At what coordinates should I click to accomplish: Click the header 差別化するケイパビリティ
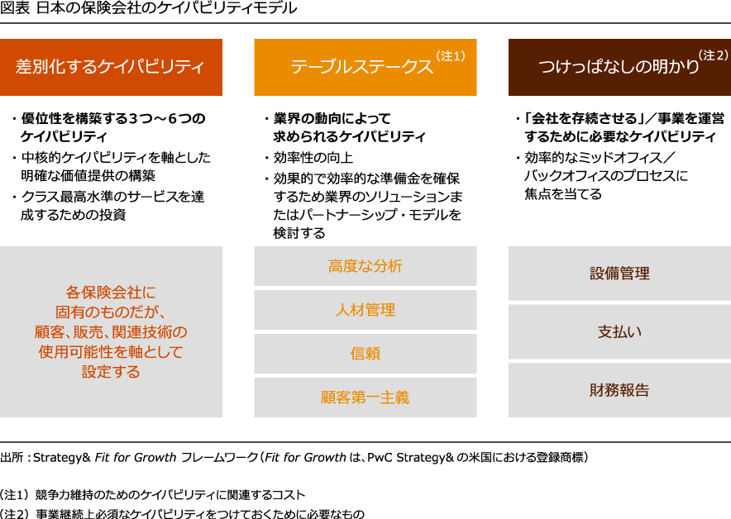110,67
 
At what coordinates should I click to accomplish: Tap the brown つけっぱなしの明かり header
619,67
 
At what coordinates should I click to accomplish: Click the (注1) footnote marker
451,56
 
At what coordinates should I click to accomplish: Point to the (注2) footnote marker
713,55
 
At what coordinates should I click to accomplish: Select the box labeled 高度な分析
365,266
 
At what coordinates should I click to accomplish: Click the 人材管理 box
365,310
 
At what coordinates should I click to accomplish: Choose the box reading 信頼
365,354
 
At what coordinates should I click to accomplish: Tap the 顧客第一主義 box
365,398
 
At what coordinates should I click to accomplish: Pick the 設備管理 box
619,274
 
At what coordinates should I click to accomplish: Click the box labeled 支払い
619,332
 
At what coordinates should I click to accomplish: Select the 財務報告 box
619,390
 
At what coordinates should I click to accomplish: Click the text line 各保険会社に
111,292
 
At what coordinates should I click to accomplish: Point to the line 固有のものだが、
111,312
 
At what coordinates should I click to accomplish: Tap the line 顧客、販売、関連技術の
111,332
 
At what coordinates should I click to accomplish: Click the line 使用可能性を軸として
111,352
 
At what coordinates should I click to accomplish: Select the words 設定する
111,372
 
